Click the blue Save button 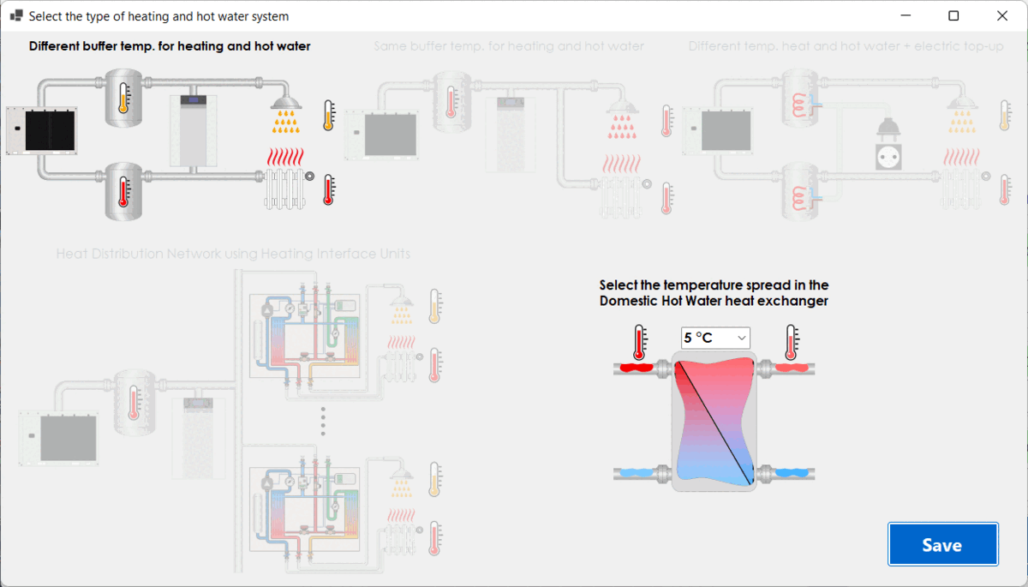942,545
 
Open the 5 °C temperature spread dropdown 715,338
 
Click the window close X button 1001,15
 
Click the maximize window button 953,15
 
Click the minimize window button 905,15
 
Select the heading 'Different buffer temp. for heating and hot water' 170,46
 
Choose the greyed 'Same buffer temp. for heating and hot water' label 508,46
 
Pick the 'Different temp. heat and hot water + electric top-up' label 846,46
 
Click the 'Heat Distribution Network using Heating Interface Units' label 233,254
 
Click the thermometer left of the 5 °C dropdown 638,342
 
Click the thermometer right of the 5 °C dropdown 792,342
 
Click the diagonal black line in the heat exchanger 714,422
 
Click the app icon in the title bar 15,15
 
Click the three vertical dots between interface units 323,421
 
